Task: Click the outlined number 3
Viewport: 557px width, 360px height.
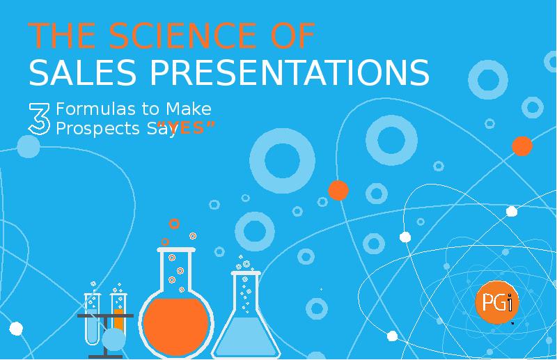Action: [39, 118]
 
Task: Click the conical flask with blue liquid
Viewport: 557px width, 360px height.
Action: [246, 327]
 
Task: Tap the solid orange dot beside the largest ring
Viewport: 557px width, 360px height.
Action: [338, 190]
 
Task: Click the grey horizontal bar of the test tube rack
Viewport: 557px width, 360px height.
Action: [104, 316]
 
